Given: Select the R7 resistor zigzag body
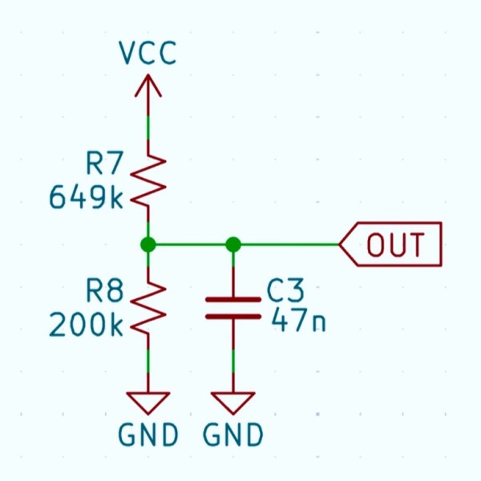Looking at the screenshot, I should click(x=148, y=181).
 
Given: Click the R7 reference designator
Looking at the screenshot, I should click(x=105, y=166).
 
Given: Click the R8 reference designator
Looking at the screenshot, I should click(x=105, y=293).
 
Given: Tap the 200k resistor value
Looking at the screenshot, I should click(x=87, y=325).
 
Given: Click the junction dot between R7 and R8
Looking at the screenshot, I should click(x=148, y=245).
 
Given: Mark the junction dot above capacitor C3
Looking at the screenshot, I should click(x=233, y=245).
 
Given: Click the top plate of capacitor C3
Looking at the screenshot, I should click(x=233, y=299).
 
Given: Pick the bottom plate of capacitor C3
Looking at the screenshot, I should click(x=233, y=317).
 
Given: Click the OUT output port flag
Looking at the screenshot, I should click(x=391, y=245).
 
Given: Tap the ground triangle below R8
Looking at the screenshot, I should click(x=148, y=402).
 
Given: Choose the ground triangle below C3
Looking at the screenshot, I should click(x=233, y=402).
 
